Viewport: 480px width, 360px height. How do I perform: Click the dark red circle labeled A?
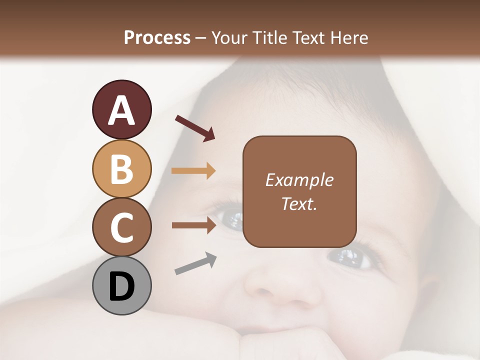point(121,109)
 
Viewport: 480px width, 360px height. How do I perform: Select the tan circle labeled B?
point(121,168)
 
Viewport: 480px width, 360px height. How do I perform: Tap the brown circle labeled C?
point(121,227)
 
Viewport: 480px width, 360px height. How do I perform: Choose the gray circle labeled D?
point(121,285)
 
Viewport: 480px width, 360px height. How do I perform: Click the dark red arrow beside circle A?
point(194,127)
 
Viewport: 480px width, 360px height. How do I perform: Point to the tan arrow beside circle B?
point(193,171)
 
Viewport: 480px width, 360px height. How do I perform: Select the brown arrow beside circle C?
point(193,225)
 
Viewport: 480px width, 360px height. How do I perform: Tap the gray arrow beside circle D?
point(195,263)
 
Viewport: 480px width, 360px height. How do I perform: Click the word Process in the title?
point(157,37)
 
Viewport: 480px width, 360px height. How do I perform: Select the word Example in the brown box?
point(299,180)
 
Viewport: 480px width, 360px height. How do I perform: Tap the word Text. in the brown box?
point(299,203)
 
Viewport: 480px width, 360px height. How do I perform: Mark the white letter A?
point(121,110)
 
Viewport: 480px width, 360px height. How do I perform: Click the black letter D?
point(121,286)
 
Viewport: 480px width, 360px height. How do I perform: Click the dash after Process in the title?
point(201,38)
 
